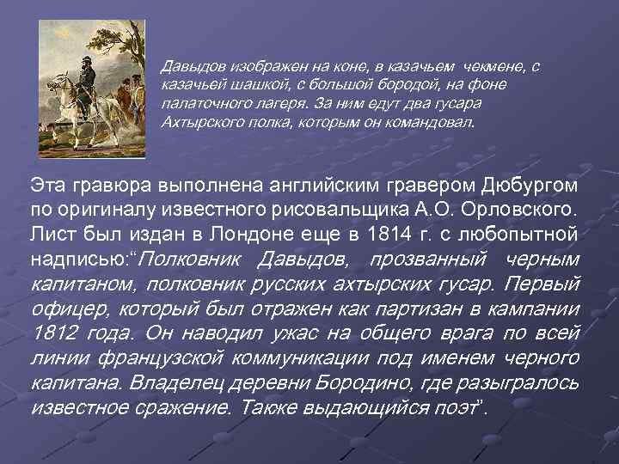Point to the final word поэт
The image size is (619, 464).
coord(451,406)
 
